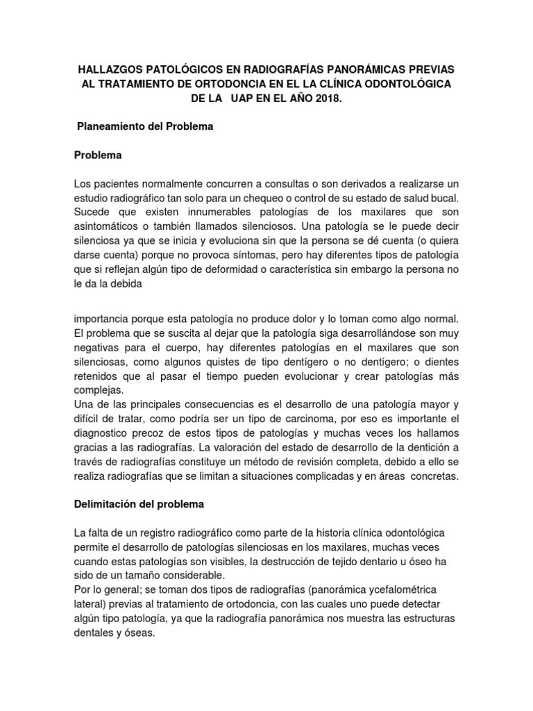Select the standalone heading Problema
tap(98, 156)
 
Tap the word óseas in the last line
tap(136, 633)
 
